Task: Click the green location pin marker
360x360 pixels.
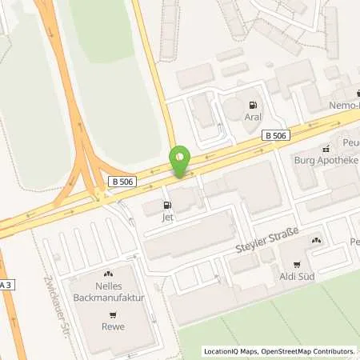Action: point(181,162)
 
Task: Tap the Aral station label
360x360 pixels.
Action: point(254,117)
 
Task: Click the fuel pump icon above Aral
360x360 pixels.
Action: point(254,105)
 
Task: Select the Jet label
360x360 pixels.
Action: point(167,216)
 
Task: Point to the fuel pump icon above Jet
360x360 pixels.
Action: point(167,204)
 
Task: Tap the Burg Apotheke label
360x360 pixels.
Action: point(327,159)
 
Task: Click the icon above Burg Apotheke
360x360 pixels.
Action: point(326,148)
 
